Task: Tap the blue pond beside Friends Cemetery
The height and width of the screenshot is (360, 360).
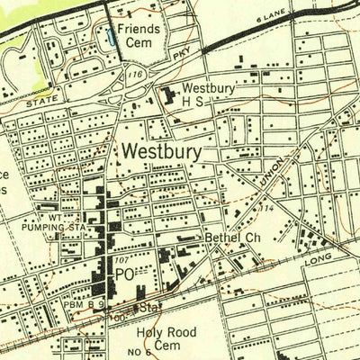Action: [x=111, y=37]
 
